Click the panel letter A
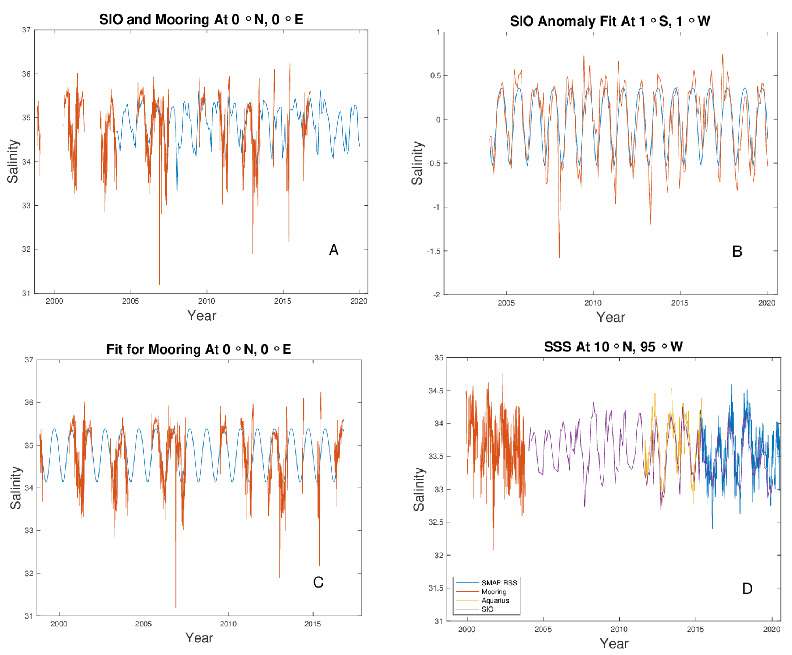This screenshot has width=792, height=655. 333,250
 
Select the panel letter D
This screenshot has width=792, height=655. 747,589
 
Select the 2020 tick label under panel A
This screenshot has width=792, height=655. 358,301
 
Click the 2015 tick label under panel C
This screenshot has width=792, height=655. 312,624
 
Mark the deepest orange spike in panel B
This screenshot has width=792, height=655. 559,257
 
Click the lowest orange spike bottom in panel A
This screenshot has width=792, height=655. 159,284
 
